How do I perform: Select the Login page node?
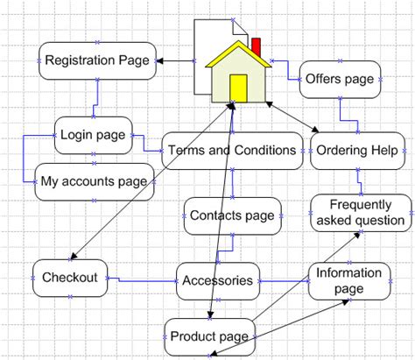coord(91,136)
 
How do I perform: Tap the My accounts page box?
coord(94,182)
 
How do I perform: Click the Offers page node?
coord(340,79)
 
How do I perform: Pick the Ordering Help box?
coord(357,150)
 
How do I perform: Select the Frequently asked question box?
coord(360,212)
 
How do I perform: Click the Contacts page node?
coord(232,215)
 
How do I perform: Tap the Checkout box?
coord(69,278)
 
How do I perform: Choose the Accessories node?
coord(218,281)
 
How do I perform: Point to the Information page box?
coord(349,280)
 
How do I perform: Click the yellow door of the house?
coord(237,88)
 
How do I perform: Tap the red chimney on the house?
coord(257,46)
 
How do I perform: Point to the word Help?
coord(383,150)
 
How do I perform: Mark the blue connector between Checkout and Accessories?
coord(140,280)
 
